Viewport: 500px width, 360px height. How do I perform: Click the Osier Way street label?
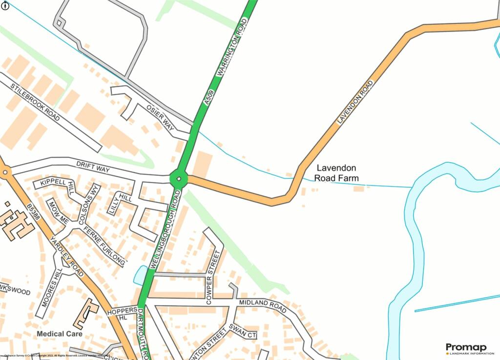coord(160,116)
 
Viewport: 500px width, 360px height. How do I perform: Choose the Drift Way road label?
coord(93,166)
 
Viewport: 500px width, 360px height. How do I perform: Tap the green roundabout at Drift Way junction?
coord(179,179)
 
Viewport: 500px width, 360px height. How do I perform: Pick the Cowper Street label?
coord(213,277)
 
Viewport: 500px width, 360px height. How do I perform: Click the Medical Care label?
coord(59,334)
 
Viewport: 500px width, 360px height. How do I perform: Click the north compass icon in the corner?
coord(5,5)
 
